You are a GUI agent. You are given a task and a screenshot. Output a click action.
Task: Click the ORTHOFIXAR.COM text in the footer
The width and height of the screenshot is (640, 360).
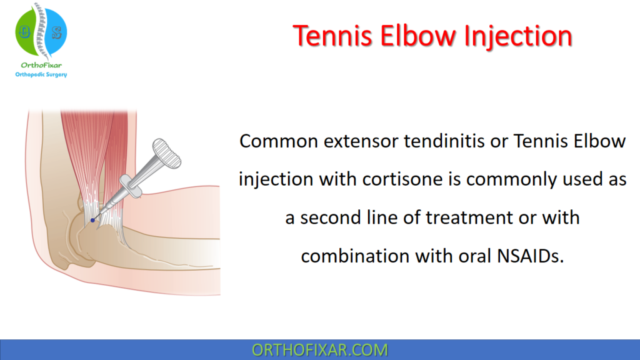point(319,349)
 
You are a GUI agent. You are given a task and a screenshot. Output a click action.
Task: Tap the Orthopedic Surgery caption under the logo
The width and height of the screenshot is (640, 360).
point(41,75)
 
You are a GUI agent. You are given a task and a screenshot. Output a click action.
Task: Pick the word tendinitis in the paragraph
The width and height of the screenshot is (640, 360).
point(447,141)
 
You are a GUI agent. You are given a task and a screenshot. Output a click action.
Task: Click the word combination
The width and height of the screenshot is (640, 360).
point(353,256)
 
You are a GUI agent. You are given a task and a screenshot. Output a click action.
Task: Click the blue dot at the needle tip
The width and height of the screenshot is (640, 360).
point(92,220)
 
